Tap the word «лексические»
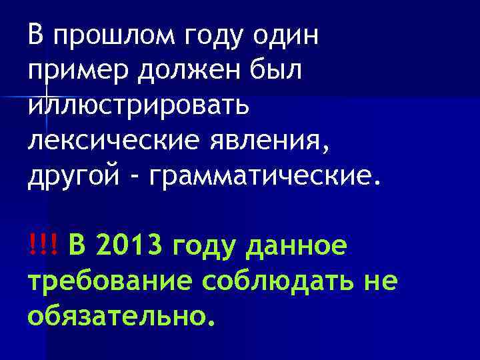tap(109, 141)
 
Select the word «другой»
tap(73, 177)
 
